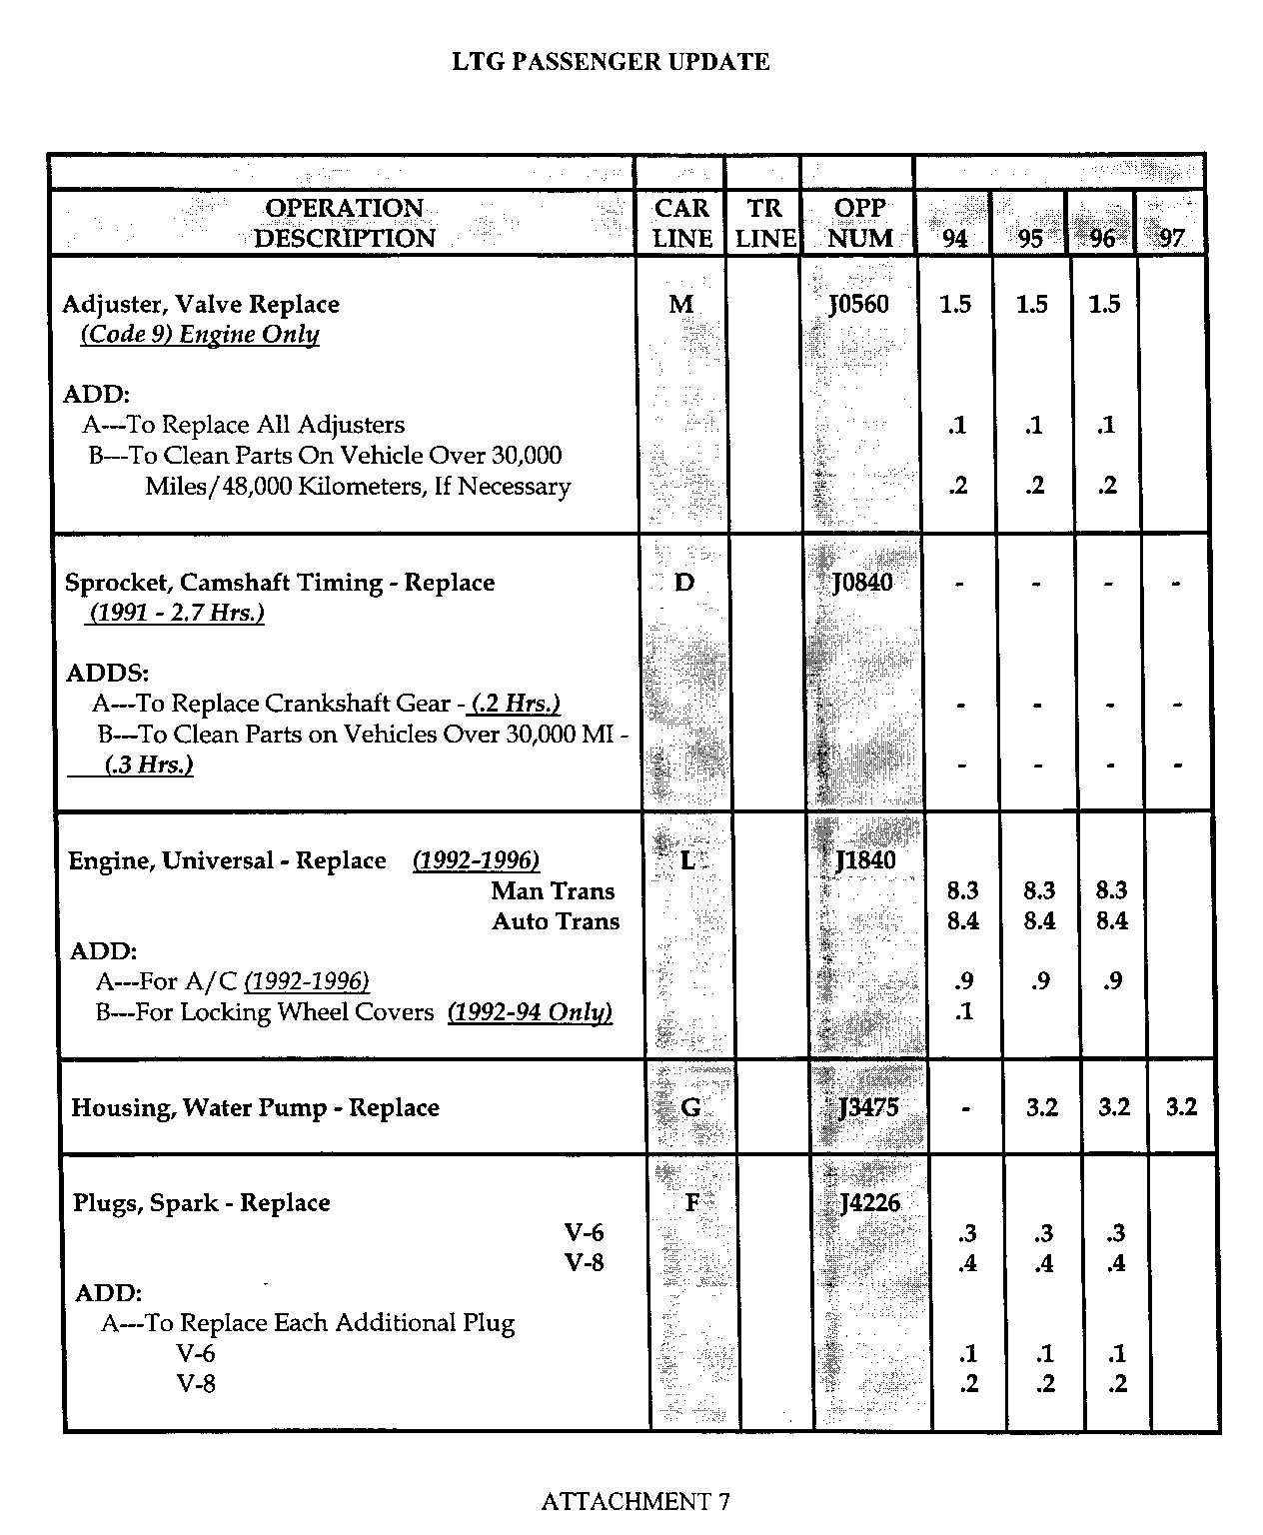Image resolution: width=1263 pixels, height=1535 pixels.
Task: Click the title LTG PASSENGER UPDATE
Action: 611,62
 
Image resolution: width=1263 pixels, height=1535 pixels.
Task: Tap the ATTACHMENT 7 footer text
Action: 635,1500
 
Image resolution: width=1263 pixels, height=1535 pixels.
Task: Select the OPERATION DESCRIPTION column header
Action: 344,223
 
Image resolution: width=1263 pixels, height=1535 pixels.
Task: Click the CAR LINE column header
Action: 681,223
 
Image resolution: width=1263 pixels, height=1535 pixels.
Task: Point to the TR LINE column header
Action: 764,223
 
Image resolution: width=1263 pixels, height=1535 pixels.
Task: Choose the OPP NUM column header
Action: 859,223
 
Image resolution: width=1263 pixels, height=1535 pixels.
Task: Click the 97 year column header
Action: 1171,238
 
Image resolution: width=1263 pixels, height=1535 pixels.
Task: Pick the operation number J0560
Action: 858,304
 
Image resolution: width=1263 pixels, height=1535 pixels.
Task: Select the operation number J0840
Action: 861,582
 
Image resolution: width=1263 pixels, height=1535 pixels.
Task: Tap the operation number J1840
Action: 865,859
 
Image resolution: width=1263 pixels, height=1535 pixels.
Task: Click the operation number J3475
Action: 868,1106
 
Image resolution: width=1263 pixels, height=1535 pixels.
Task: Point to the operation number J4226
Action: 869,1202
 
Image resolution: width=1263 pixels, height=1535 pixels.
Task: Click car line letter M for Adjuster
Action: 681,304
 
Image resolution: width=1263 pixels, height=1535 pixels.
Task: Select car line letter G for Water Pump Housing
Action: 690,1107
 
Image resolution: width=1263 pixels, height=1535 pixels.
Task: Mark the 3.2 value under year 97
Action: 1181,1106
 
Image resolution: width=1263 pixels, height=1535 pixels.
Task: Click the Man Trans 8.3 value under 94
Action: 962,890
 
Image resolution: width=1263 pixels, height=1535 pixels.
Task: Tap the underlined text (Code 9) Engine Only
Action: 200,335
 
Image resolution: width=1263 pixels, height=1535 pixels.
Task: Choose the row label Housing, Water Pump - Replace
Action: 255,1107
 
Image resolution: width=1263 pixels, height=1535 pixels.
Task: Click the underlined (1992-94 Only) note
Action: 530,1012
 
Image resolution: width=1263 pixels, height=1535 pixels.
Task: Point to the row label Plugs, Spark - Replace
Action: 201,1202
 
